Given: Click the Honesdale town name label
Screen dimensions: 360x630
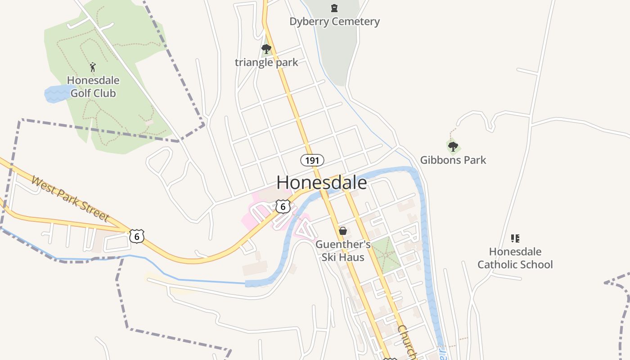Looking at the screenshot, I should pos(321,183).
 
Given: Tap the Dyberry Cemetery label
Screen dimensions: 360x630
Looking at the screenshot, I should pos(334,22).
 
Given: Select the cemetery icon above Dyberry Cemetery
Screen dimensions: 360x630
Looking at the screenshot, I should pos(334,8).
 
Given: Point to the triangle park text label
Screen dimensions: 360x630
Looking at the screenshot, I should pos(266,62).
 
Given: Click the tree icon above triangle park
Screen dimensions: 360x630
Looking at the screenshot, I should pos(266,49).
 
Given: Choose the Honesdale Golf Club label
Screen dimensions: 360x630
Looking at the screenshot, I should pos(93,87).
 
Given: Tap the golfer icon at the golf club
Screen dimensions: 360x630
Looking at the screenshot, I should pos(93,67).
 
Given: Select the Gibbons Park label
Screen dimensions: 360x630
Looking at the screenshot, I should pos(453,160).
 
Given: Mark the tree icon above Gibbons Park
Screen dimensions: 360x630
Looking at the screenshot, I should pos(453,146).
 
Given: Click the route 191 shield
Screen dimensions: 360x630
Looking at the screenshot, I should pos(312,160).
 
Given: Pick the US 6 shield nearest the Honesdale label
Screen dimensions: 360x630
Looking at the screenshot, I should pos(283,207).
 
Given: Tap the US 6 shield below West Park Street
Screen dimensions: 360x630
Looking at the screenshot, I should pos(137,236).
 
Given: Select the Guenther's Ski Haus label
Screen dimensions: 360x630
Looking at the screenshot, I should pos(343,251).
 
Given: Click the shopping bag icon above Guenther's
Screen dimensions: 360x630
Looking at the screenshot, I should pos(343,231).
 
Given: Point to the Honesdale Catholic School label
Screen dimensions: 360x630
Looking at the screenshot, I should pos(515,258).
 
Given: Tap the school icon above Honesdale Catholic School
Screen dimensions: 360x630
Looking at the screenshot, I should pos(515,238).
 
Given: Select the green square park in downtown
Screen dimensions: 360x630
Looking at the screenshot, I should pos(385,254).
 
